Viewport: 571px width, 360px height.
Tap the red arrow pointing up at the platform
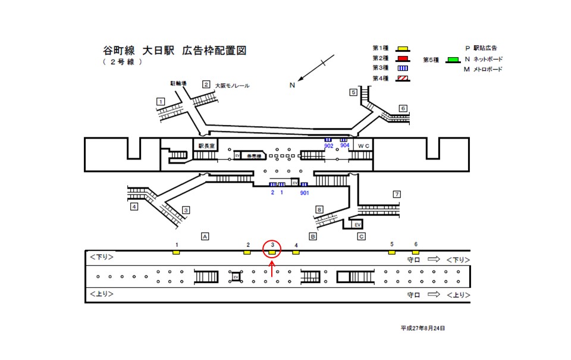pyautogui.click(x=272, y=269)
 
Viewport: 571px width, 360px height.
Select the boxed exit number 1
pyautogui.click(x=161, y=102)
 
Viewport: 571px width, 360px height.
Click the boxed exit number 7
pyautogui.click(x=397, y=195)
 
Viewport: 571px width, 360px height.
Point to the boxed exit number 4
pyautogui.click(x=134, y=207)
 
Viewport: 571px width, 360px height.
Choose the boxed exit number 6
pyautogui.click(x=403, y=108)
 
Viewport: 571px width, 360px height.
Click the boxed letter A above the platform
pyautogui.click(x=205, y=236)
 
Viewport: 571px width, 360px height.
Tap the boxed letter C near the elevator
pyautogui.click(x=361, y=236)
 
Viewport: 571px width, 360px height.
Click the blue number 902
pyautogui.click(x=328, y=145)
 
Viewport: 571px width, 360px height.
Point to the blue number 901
pyautogui.click(x=305, y=193)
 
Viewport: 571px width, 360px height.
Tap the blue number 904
pyautogui.click(x=344, y=145)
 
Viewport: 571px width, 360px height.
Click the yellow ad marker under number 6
pyautogui.click(x=416, y=252)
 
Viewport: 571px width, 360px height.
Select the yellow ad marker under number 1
pyautogui.click(x=177, y=252)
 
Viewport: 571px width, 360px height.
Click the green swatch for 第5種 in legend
pyautogui.click(x=454, y=60)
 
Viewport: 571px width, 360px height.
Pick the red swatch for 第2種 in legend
pyautogui.click(x=403, y=58)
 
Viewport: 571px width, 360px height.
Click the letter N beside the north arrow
pyautogui.click(x=292, y=85)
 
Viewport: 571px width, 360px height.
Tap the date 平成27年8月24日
pyautogui.click(x=422, y=328)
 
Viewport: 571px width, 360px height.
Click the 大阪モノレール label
pyautogui.click(x=232, y=86)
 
